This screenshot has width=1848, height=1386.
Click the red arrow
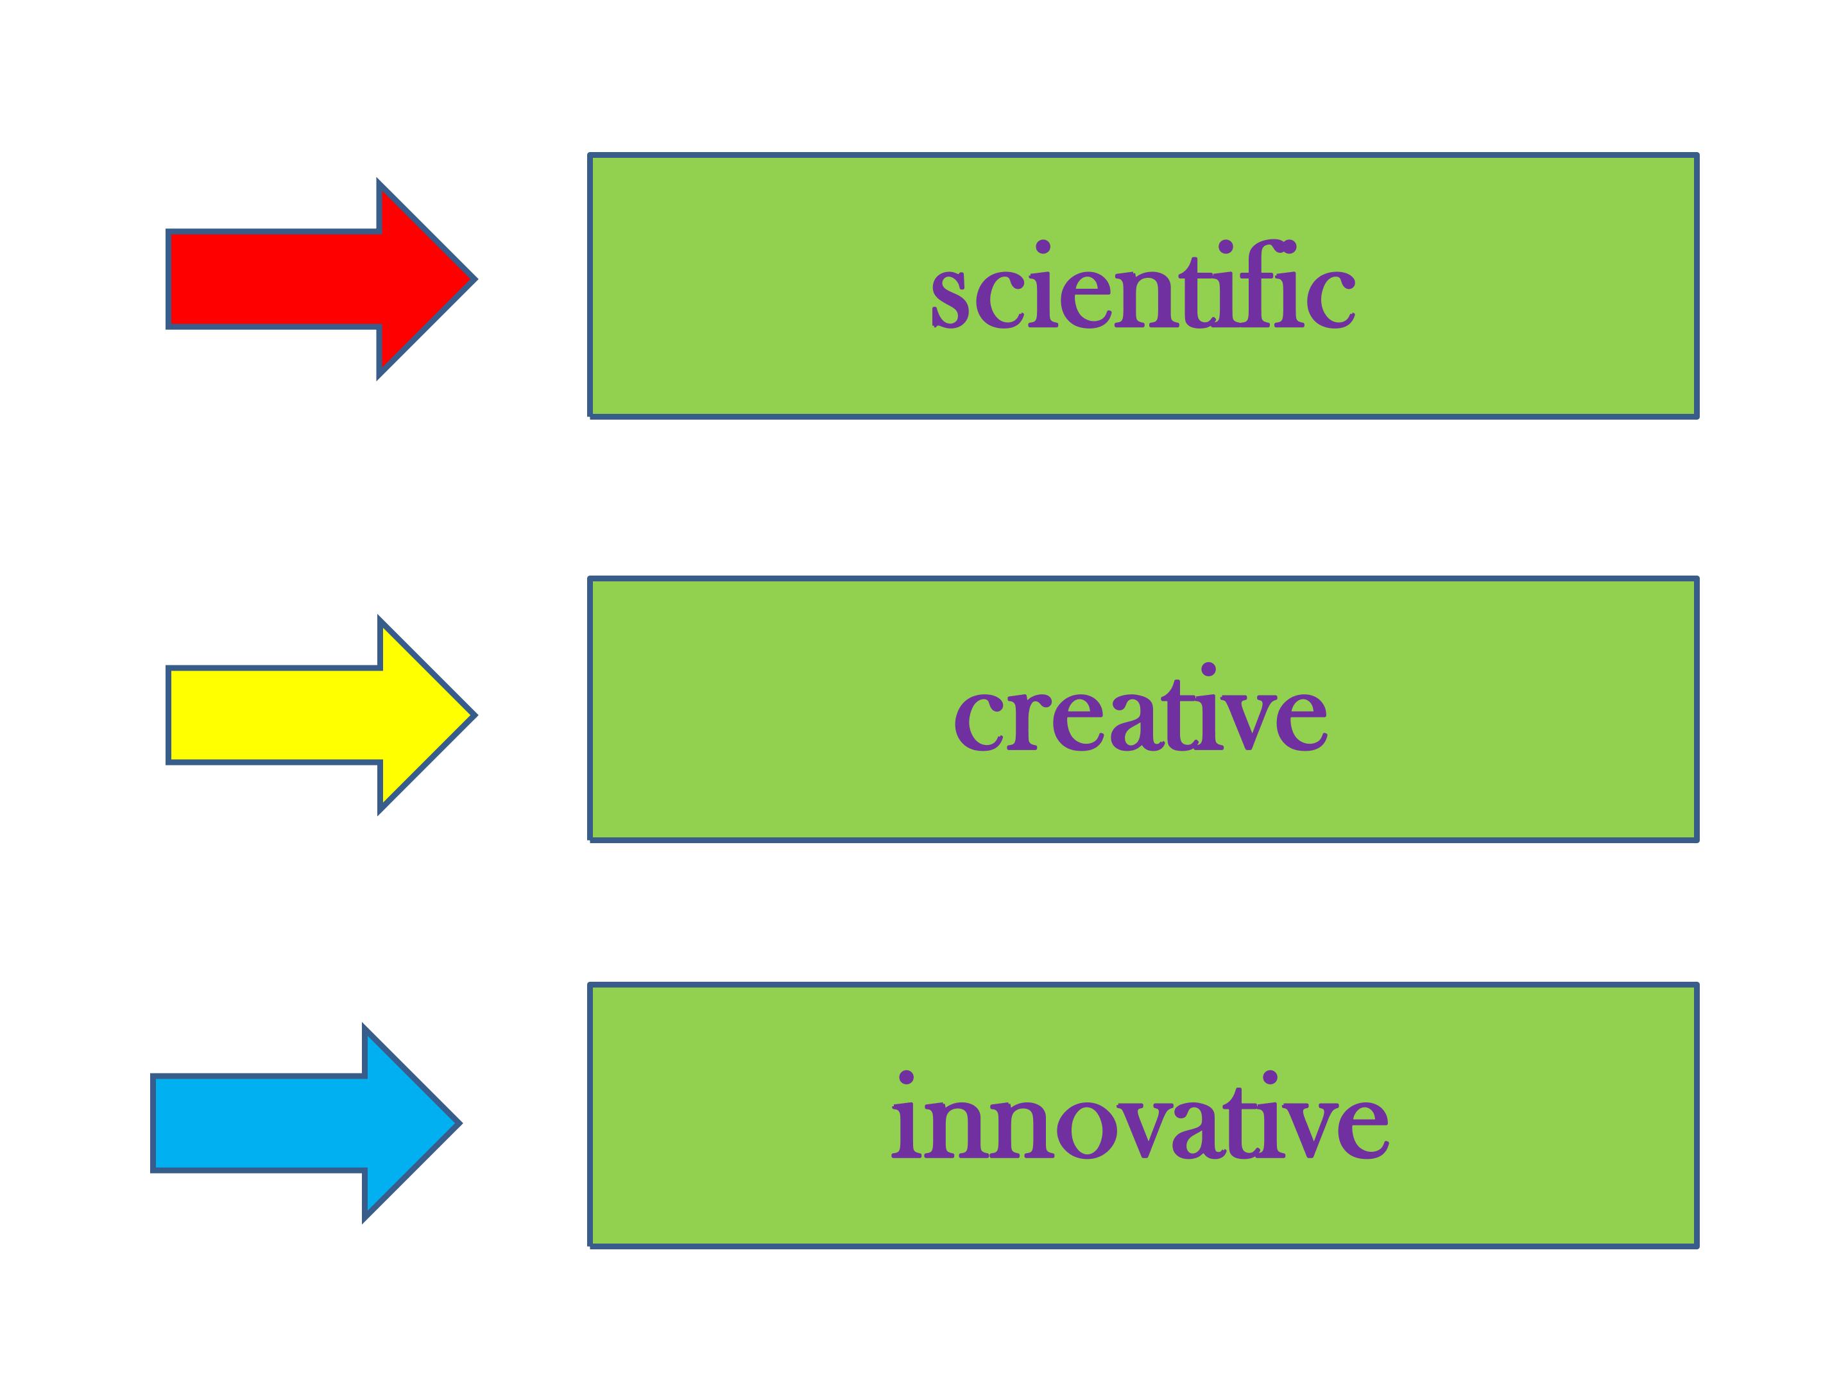(x=321, y=279)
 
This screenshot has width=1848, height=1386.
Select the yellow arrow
(x=321, y=715)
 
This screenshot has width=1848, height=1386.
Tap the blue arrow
(x=306, y=1124)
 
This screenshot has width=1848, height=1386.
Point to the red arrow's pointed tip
(x=475, y=279)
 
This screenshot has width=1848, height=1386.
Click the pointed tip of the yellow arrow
(x=475, y=715)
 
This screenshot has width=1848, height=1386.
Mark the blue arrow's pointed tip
(x=459, y=1124)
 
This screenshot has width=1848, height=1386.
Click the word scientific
(x=1143, y=284)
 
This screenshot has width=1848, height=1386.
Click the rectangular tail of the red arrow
(x=274, y=279)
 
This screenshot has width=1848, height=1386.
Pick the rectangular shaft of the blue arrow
(x=259, y=1124)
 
